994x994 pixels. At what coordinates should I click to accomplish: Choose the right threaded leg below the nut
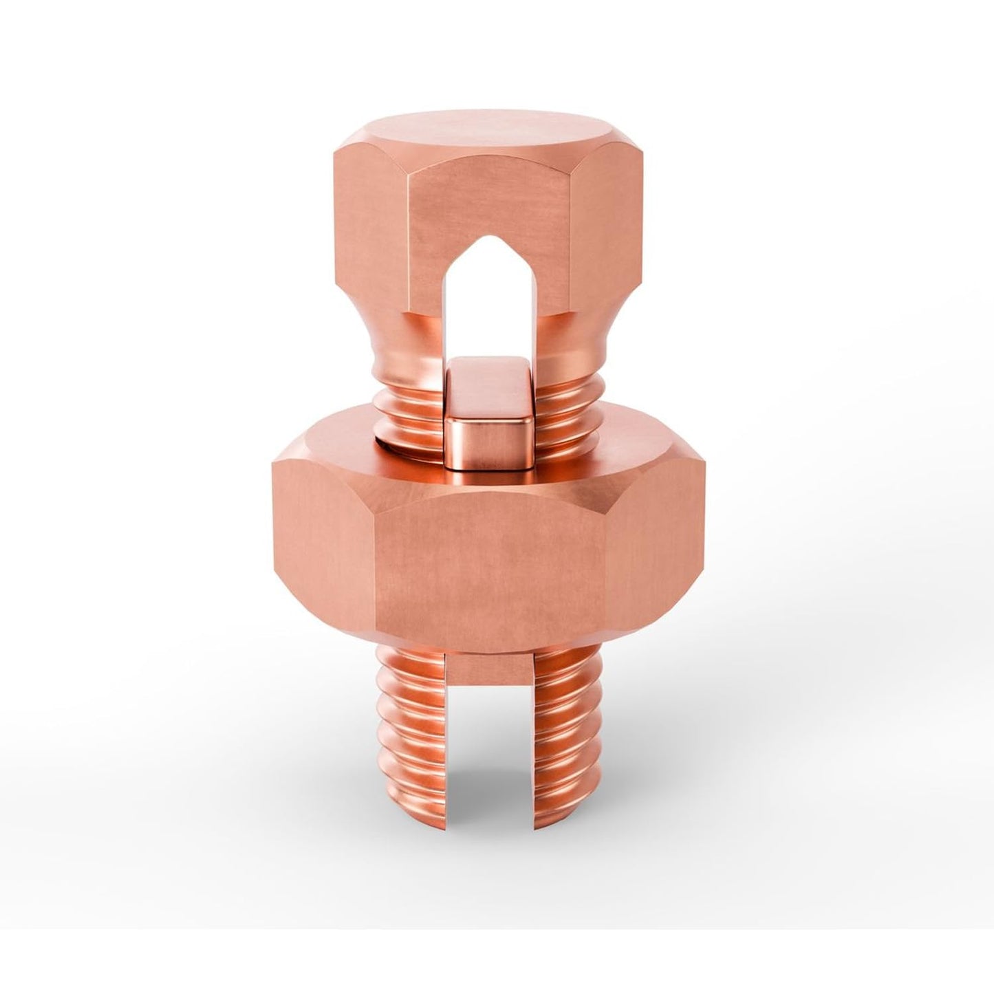point(568,729)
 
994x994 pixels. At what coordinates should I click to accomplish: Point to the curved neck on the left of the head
point(385,344)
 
